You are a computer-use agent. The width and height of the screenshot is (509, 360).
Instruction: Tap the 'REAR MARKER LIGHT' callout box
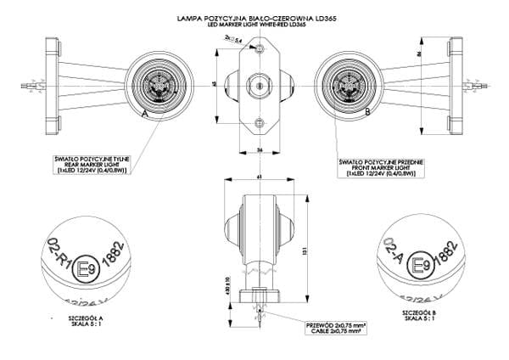[91, 163]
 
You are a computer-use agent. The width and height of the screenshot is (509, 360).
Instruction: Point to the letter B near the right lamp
[366, 111]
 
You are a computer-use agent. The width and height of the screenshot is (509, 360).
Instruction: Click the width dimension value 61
[259, 177]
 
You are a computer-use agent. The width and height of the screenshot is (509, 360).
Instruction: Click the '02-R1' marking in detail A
[60, 256]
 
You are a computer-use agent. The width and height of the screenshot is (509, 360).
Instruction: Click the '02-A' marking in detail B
[393, 251]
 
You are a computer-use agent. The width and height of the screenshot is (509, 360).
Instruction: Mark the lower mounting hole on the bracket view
[260, 124]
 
